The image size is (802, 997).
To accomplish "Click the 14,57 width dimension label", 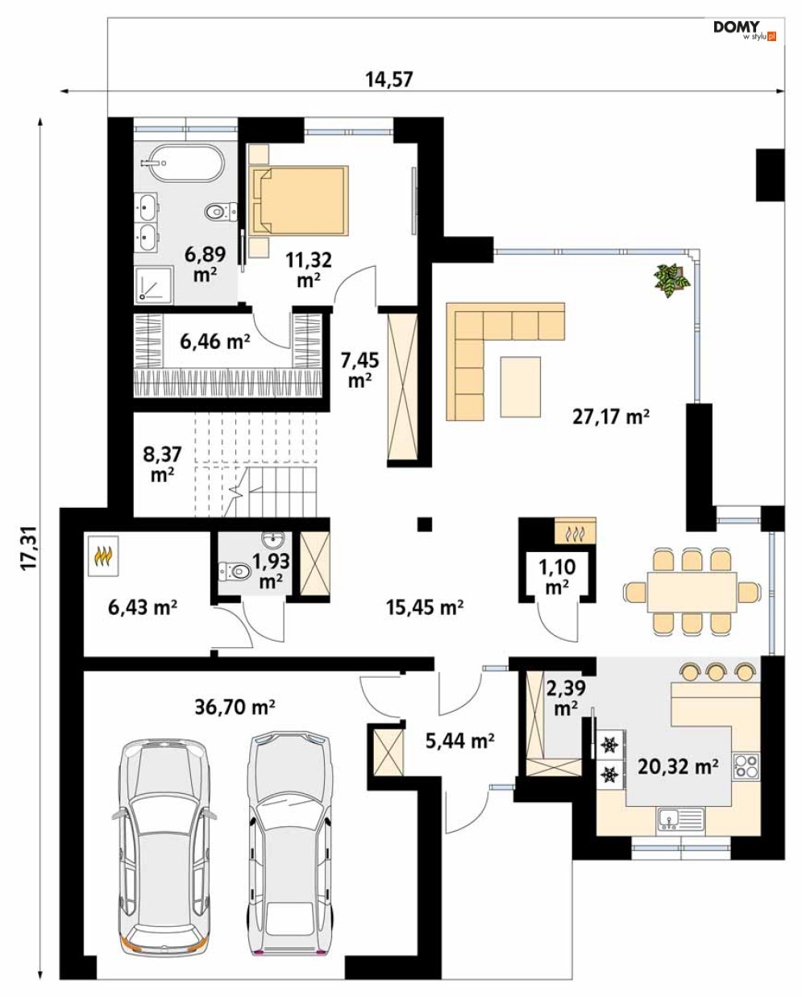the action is point(389,79).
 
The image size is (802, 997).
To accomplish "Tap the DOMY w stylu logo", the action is point(744,31).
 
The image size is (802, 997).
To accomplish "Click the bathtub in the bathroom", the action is point(181,164).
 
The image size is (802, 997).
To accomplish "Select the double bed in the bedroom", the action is point(298,200).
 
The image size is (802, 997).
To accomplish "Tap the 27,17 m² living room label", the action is point(610,417).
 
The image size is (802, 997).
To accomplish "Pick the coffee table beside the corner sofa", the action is point(521,386).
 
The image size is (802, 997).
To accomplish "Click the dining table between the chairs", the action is point(692,592).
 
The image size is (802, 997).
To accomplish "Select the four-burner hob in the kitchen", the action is point(746,766).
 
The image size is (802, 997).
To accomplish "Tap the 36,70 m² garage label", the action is point(235,707).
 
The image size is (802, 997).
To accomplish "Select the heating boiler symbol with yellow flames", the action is point(103,555).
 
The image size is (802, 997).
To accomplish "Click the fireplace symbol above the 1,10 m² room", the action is point(575,530).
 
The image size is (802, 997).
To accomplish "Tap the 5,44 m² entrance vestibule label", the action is point(459,741).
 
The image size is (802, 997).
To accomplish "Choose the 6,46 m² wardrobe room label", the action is point(215,342).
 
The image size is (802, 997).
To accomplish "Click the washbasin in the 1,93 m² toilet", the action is point(274,539).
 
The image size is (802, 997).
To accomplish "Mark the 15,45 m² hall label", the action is point(425,607).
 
